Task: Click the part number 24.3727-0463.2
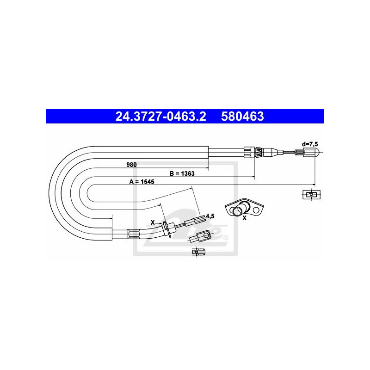pyautogui.click(x=160, y=117)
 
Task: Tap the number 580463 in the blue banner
pyautogui.click(x=242, y=117)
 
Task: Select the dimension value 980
pyautogui.click(x=131, y=165)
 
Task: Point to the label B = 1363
pyautogui.click(x=182, y=173)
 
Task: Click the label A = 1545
pyautogui.click(x=142, y=181)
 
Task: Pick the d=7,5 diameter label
pyautogui.click(x=310, y=144)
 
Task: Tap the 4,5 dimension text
pyautogui.click(x=210, y=216)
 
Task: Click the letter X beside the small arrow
pyautogui.click(x=153, y=222)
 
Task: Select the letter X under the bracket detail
pyautogui.click(x=245, y=218)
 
